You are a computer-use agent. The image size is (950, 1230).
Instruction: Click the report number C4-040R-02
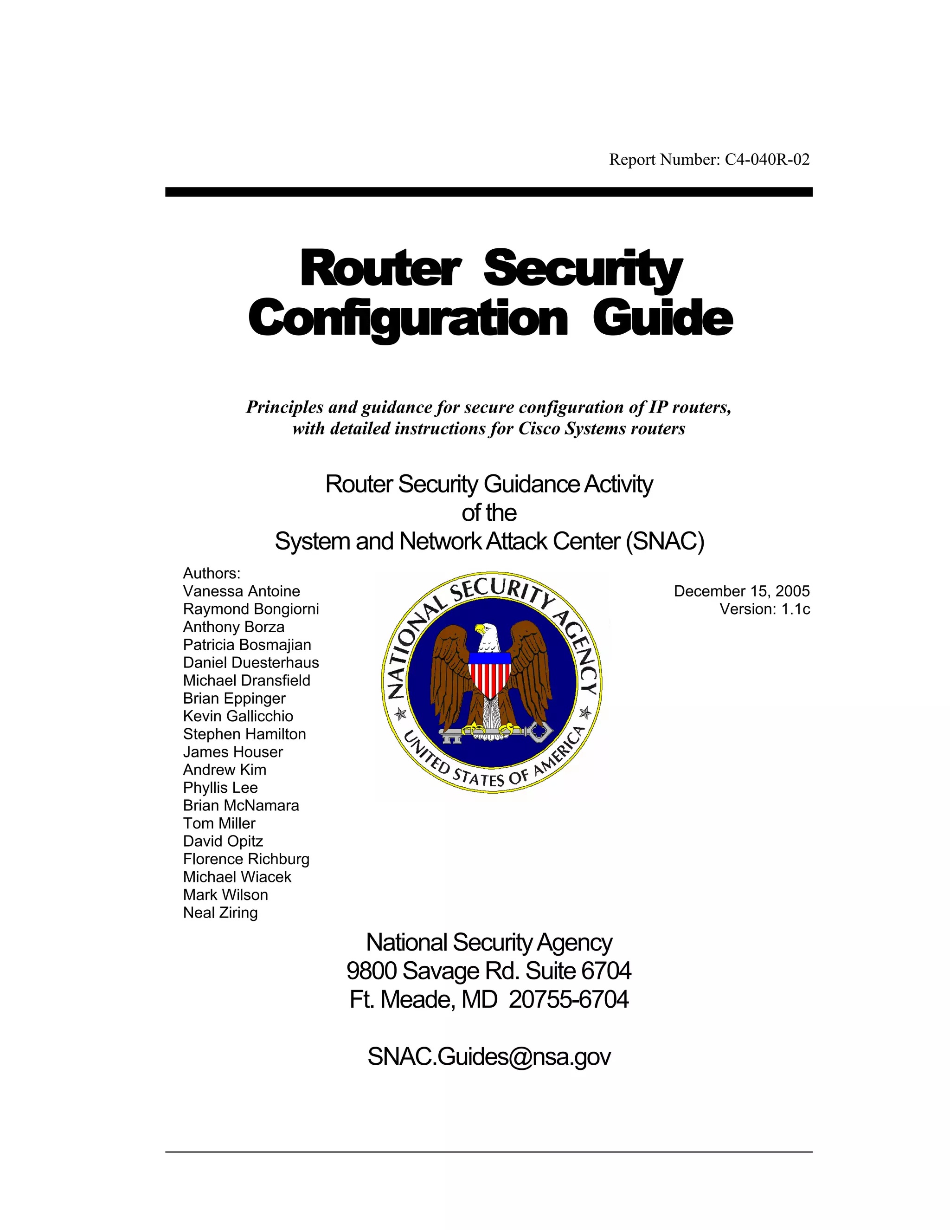coord(766,160)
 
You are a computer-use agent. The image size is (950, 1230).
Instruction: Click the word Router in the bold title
coord(380,269)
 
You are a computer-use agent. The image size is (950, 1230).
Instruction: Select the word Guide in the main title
coord(662,319)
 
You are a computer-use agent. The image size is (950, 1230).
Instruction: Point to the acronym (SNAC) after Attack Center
coord(665,541)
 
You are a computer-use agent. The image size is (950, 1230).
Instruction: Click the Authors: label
coord(212,573)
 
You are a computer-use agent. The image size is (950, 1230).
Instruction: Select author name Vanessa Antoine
coord(241,591)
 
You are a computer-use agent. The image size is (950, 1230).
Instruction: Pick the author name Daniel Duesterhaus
coord(251,663)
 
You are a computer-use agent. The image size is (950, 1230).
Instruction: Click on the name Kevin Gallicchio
coord(238,716)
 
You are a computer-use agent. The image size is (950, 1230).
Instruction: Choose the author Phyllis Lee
coord(221,788)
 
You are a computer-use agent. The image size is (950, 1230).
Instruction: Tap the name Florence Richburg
coord(246,860)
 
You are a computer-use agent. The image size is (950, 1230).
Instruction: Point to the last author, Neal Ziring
coord(221,913)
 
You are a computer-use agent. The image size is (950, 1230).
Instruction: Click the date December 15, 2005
coord(742,591)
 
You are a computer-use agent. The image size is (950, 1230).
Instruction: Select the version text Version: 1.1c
coord(765,609)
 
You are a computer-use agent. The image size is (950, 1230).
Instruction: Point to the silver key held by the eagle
coord(495,733)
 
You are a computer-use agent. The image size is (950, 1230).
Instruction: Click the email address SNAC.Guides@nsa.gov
coord(489,1056)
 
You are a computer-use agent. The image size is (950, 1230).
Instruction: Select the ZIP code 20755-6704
coord(568,1000)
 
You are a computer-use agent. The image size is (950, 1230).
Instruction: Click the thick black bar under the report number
coord(488,192)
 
